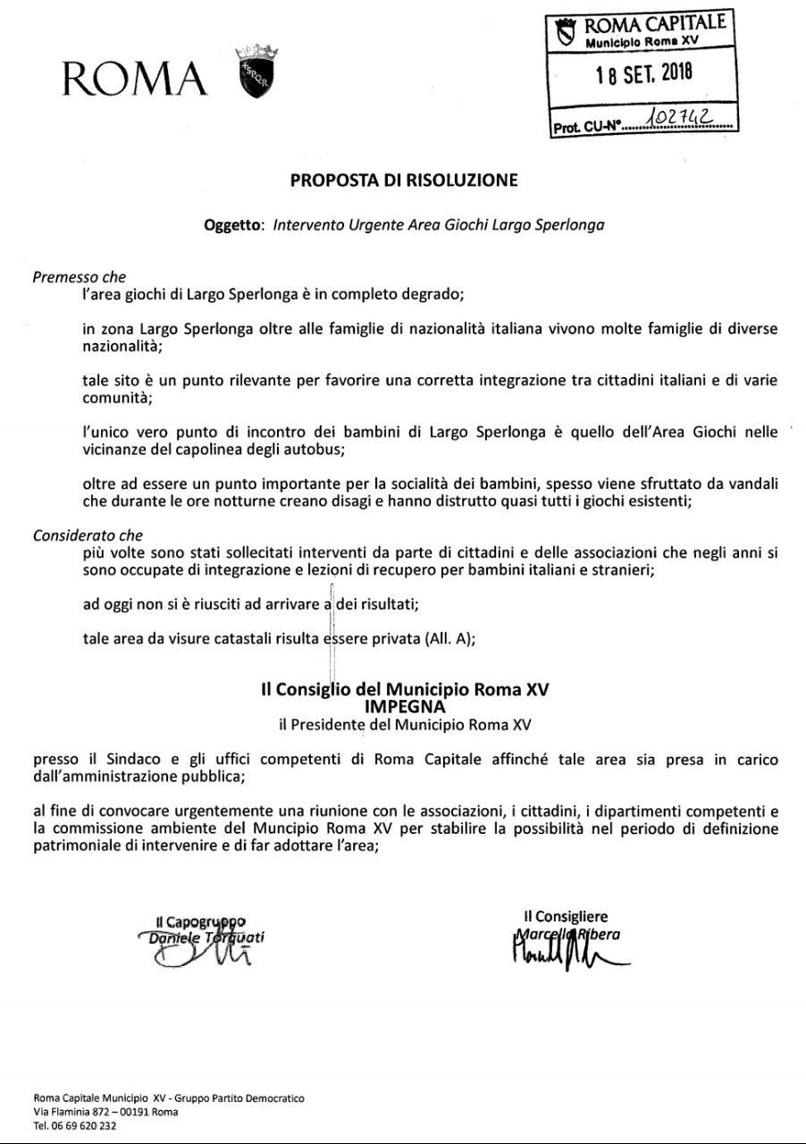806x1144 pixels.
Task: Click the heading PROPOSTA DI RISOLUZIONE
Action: [404, 181]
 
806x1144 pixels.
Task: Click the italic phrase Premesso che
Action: [80, 277]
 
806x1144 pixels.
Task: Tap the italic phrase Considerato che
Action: [88, 536]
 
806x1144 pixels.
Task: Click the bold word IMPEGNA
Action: [404, 705]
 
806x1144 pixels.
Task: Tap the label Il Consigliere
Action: [566, 916]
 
